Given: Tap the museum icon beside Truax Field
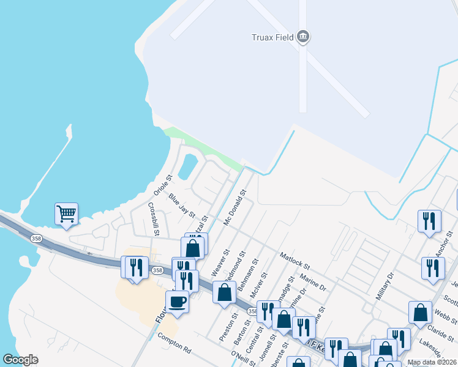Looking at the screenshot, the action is coord(303,37).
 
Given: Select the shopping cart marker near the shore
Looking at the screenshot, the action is coord(66,214).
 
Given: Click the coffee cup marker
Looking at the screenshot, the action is coord(177,302).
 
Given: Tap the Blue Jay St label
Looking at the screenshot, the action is coord(182,206).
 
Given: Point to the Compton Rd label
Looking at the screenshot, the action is coord(174,345).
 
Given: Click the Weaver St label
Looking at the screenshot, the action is coord(219,262).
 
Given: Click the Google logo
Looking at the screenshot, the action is coord(20,360).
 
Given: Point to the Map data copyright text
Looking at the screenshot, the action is coord(432,362).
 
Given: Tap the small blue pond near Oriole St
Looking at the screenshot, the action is coord(188,164).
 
